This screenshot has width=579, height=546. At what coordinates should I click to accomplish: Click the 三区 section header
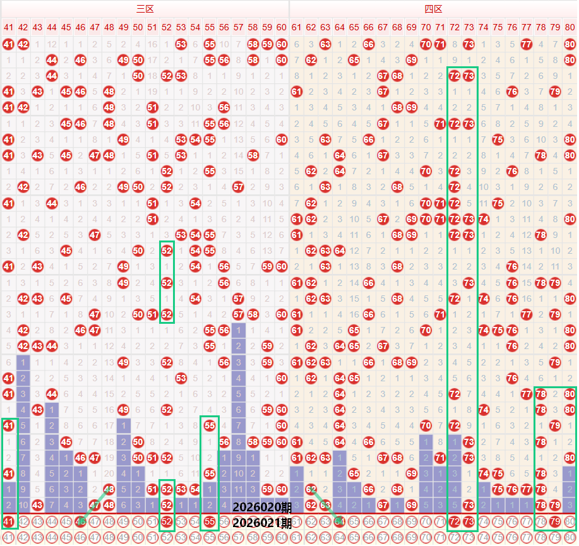[145, 9]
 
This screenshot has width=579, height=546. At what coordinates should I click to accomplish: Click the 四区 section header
[433, 9]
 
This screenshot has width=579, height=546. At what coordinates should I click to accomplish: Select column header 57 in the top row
[238, 27]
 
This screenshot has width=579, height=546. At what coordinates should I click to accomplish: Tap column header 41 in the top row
[8, 27]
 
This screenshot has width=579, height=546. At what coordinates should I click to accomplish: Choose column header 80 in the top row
[570, 27]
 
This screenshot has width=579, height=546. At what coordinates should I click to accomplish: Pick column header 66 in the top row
[368, 27]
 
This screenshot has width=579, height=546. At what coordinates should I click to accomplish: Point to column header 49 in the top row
[123, 27]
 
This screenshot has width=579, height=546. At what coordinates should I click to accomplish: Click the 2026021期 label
[262, 523]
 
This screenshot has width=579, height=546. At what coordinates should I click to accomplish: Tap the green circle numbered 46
[80, 522]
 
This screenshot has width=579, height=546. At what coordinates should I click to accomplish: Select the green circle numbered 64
[339, 522]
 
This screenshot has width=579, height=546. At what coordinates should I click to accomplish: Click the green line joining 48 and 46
[95, 505]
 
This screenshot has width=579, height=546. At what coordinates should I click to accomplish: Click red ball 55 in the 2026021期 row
[210, 522]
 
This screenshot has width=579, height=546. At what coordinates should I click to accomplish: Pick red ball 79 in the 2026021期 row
[555, 522]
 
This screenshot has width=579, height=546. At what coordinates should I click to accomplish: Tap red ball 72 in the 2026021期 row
[455, 522]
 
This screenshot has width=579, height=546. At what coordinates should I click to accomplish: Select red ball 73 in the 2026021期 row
[469, 522]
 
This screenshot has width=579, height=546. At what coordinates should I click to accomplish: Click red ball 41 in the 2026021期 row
[8, 522]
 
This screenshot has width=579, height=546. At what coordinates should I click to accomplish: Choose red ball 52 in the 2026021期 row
[167, 522]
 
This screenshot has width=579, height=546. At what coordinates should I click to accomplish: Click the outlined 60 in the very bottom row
[282, 538]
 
